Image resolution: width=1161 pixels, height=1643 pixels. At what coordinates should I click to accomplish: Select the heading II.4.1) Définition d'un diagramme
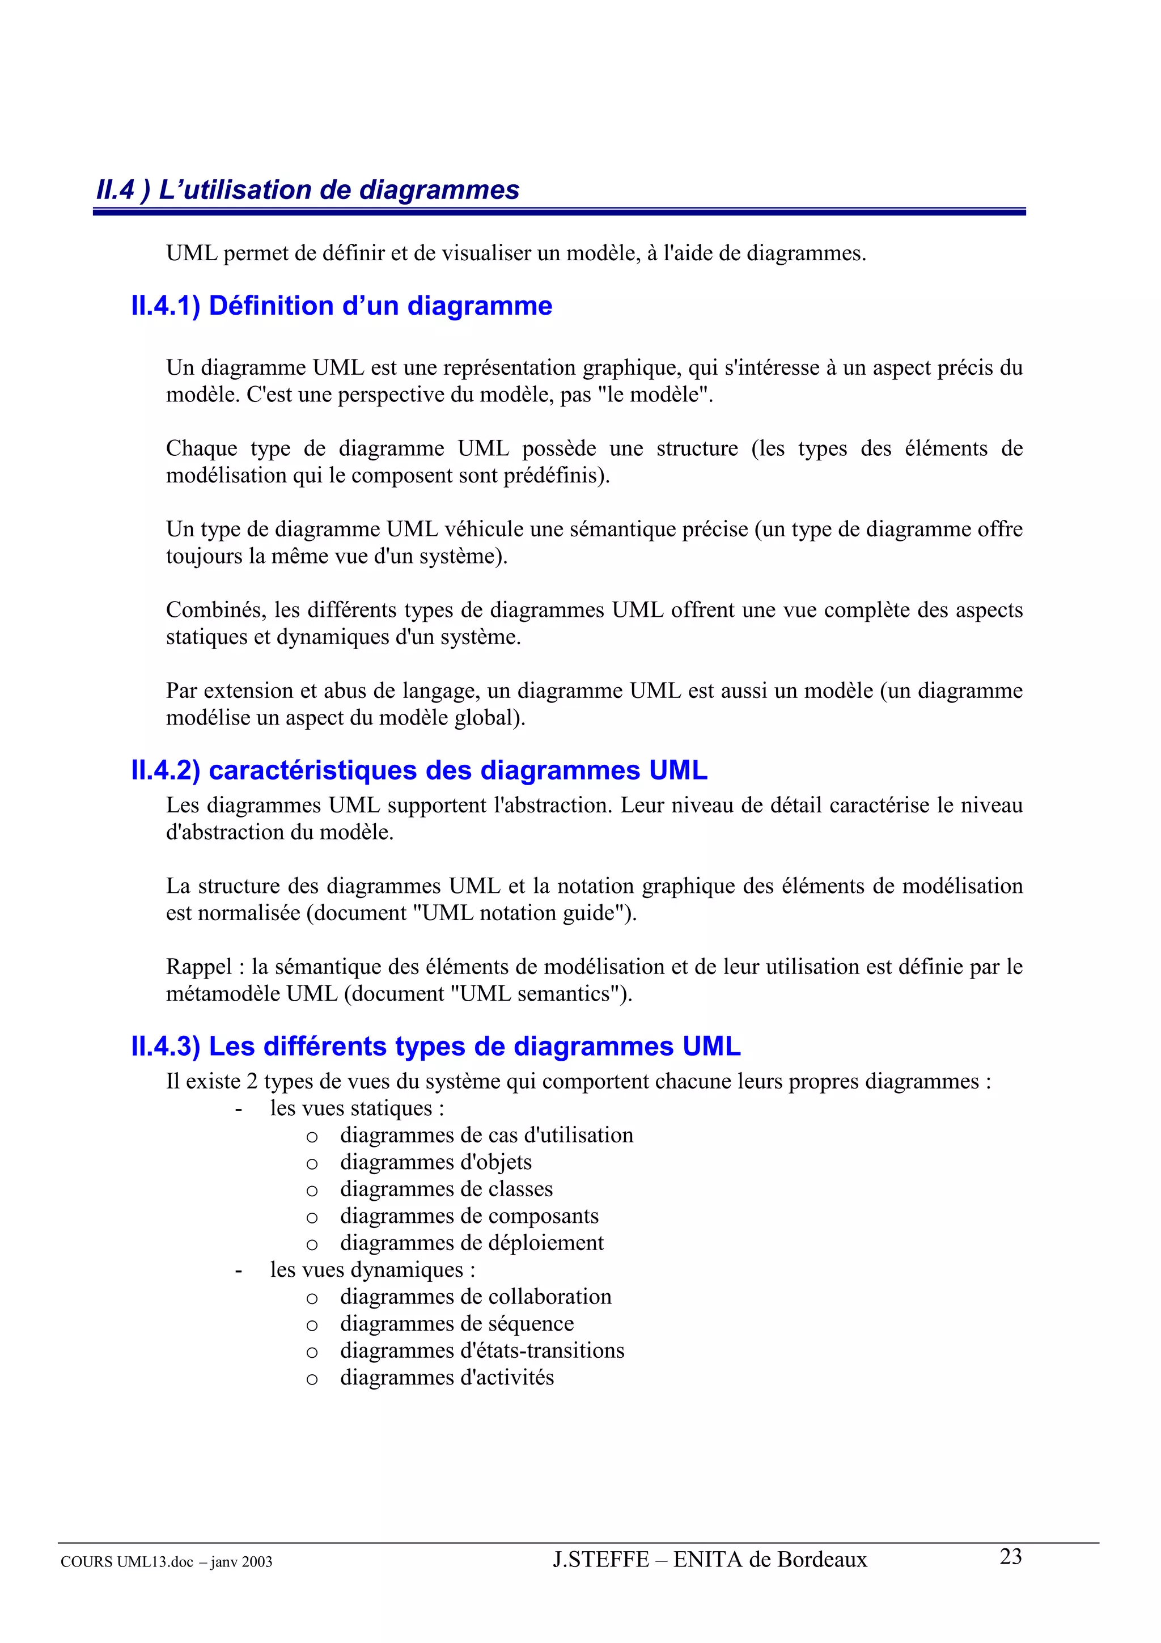click(x=341, y=306)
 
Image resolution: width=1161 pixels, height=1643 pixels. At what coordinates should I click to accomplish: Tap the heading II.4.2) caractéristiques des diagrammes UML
click(x=418, y=770)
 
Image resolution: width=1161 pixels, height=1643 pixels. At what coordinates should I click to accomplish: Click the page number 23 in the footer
click(x=1010, y=1556)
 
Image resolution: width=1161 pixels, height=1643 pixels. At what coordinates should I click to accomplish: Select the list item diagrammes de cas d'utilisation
click(x=486, y=1136)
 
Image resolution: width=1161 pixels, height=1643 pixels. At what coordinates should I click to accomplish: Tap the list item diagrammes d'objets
click(x=435, y=1163)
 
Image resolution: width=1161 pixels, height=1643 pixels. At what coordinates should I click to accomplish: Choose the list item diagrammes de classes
click(x=446, y=1189)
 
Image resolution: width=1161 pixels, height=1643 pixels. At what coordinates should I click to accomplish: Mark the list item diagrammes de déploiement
click(x=472, y=1243)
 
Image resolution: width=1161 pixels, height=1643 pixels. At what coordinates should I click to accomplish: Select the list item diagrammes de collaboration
click(x=476, y=1297)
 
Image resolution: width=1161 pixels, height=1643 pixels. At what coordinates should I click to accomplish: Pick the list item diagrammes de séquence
click(x=456, y=1324)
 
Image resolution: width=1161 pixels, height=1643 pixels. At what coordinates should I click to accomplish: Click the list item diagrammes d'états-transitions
click(x=482, y=1351)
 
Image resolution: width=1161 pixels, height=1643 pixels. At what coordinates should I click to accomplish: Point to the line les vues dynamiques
click(x=372, y=1270)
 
